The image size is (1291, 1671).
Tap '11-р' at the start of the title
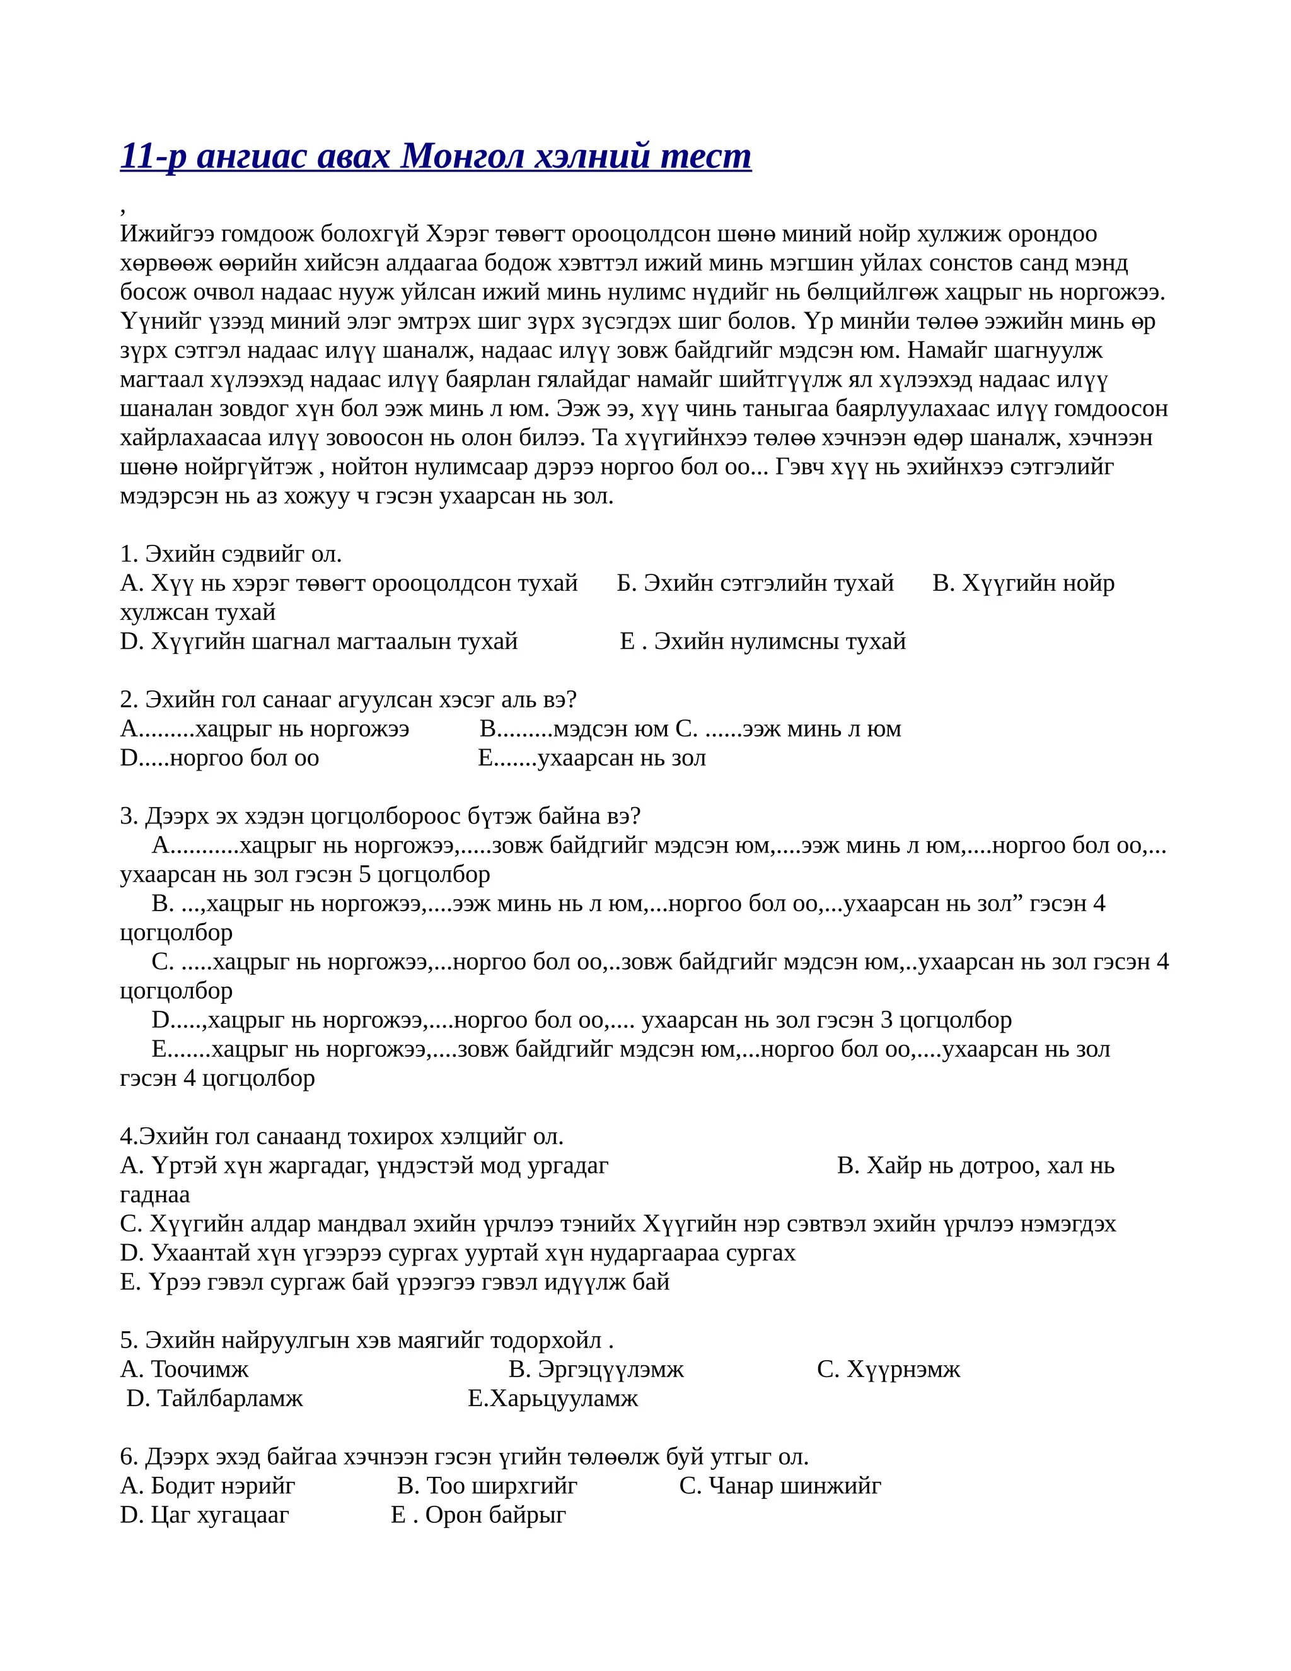pyautogui.click(x=153, y=156)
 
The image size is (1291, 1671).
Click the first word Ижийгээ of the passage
pyautogui.click(x=166, y=233)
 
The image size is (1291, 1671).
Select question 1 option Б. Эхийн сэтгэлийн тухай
pyautogui.click(x=755, y=583)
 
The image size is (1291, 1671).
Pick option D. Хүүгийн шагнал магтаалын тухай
pyautogui.click(x=319, y=641)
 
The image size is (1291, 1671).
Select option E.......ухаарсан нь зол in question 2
pyautogui.click(x=591, y=757)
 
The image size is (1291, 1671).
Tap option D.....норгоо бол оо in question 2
pyautogui.click(x=219, y=757)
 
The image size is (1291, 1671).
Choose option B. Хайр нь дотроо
pyautogui.click(x=975, y=1165)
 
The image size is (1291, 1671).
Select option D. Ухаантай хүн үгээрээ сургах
pyautogui.click(x=458, y=1252)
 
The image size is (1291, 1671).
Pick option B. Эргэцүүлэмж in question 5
pyautogui.click(x=596, y=1370)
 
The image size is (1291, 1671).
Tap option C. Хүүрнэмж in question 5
pyautogui.click(x=888, y=1370)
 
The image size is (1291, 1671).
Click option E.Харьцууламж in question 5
pyautogui.click(x=552, y=1399)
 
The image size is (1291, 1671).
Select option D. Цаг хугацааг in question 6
pyautogui.click(x=204, y=1515)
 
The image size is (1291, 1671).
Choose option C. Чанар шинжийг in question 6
pyautogui.click(x=780, y=1486)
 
